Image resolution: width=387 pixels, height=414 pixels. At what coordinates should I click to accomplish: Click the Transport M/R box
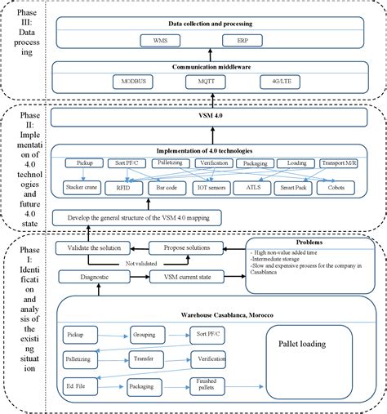[x=338, y=162]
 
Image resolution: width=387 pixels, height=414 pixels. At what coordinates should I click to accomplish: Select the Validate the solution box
[x=93, y=247]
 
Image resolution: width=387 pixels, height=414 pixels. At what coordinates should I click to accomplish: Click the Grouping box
[x=149, y=334]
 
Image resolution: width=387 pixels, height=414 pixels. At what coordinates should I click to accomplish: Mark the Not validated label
[x=142, y=263]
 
